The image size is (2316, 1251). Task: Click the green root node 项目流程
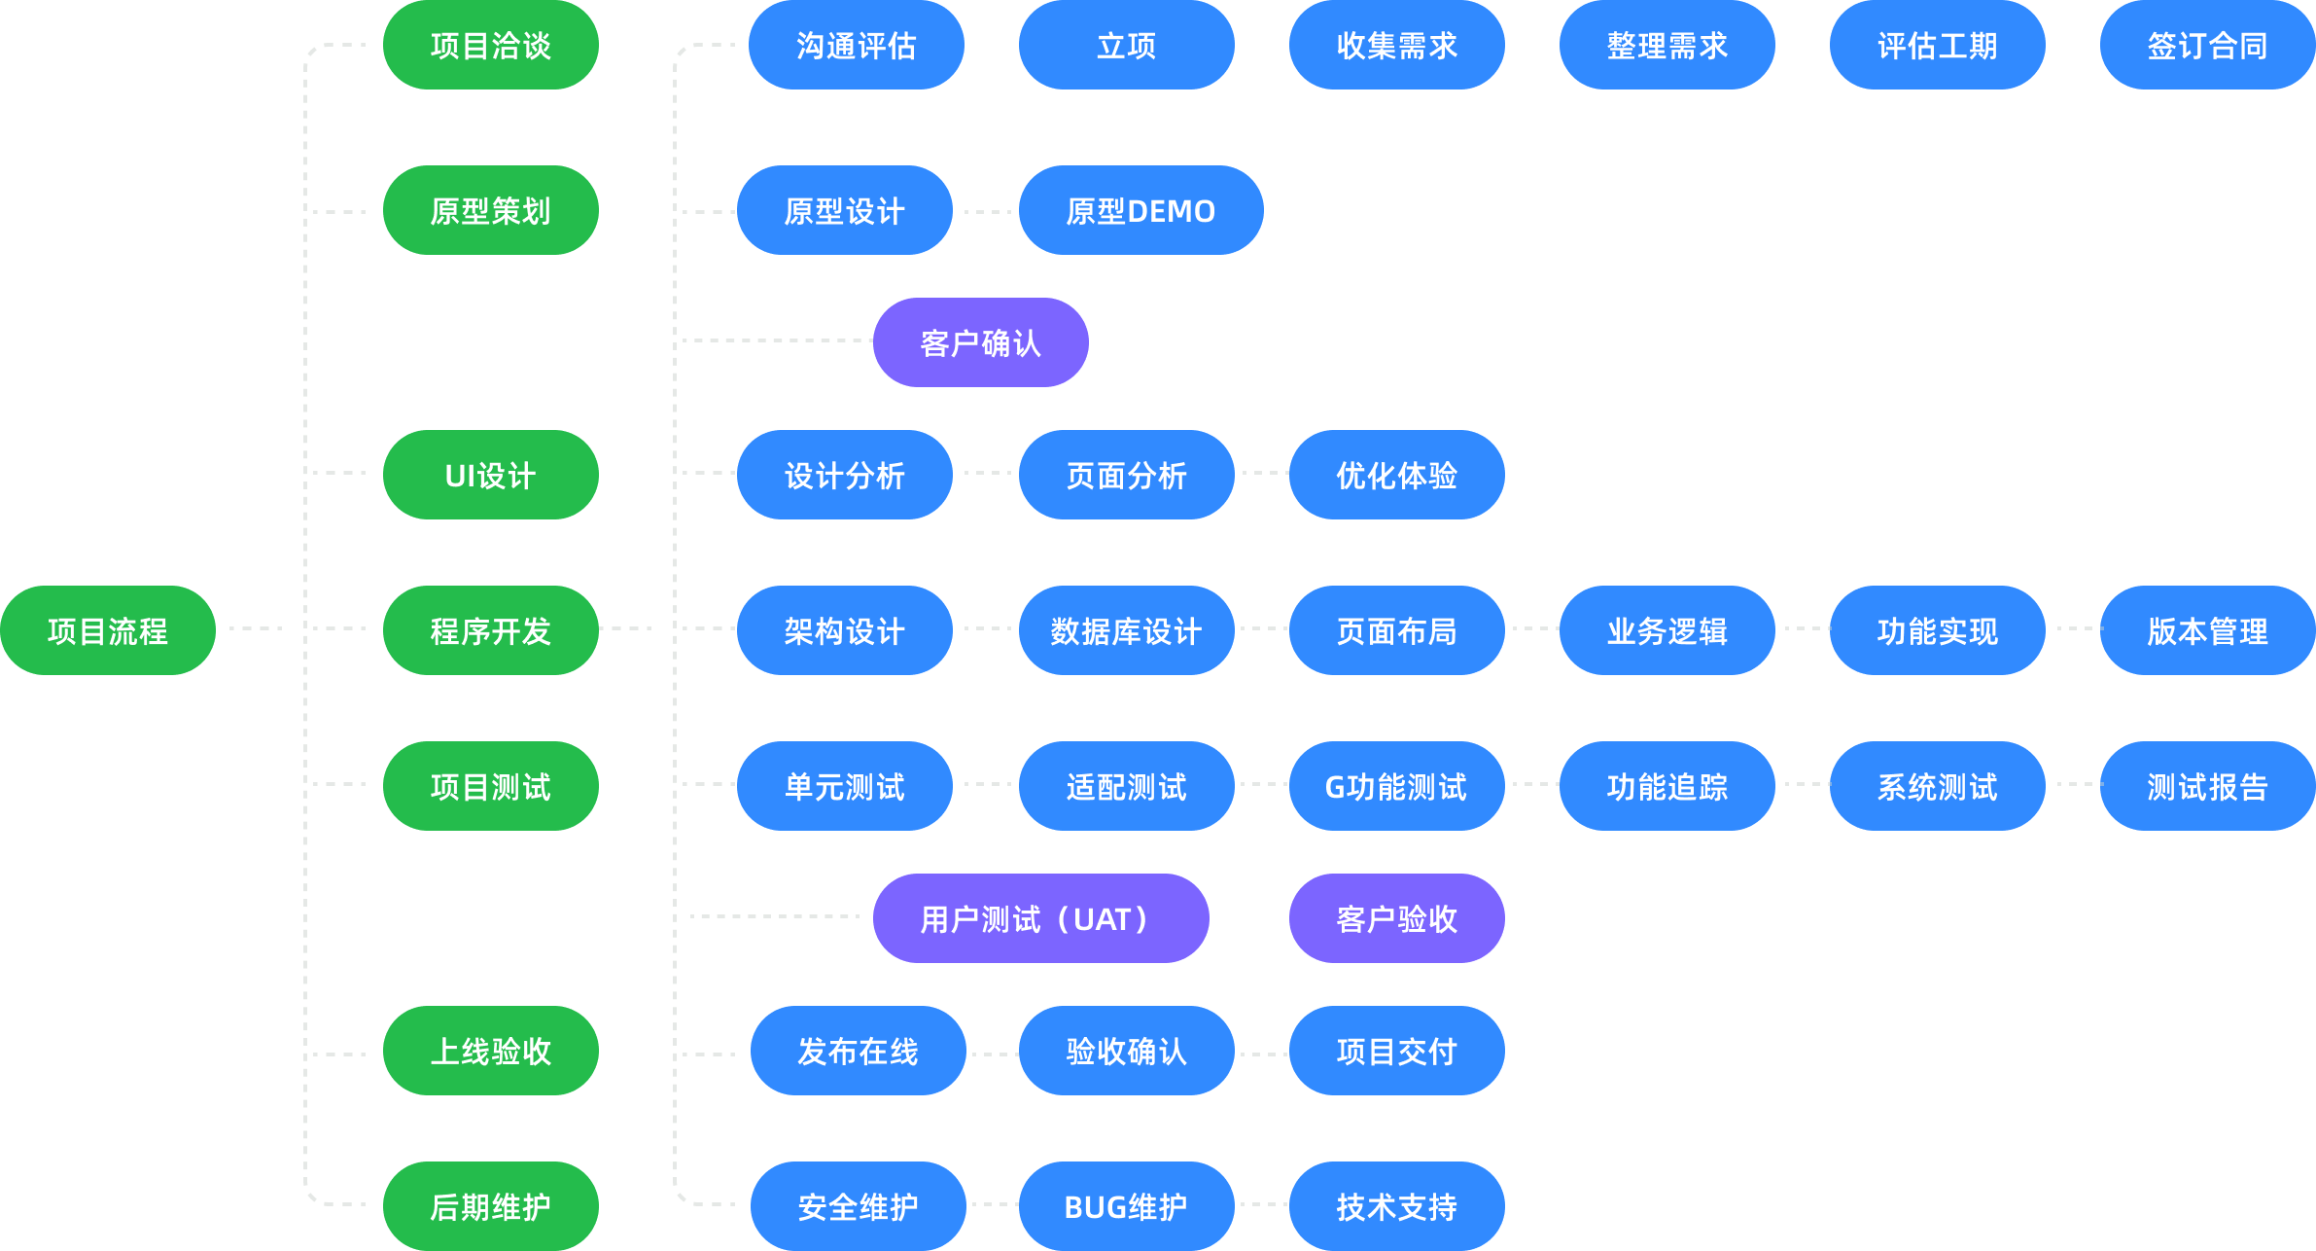coord(107,630)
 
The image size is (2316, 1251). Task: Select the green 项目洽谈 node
coord(490,45)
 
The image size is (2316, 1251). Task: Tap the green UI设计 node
coord(490,475)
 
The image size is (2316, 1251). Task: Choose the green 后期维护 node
coord(490,1206)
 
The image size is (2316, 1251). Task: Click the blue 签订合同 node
coord(2207,45)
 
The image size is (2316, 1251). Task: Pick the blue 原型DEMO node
coord(1140,210)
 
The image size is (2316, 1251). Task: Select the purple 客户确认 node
coord(980,342)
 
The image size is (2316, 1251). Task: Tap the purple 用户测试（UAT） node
coord(1040,918)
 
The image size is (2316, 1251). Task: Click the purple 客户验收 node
coord(1396,918)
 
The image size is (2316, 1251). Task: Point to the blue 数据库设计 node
coord(1126,630)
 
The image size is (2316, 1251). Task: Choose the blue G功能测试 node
coord(1396,786)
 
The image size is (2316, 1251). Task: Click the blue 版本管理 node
coord(2207,630)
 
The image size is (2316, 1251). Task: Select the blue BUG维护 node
coord(1126,1206)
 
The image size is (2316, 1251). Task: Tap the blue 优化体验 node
coord(1396,475)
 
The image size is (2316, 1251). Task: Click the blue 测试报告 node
coord(2207,786)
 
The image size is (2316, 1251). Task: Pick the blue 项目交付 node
coord(1396,1051)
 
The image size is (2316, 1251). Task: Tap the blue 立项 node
coord(1126,45)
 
